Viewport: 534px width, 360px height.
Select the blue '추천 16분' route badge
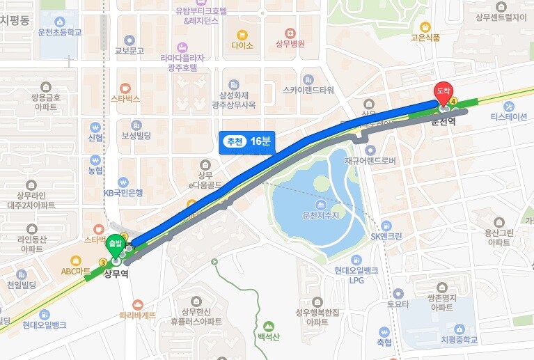point(247,141)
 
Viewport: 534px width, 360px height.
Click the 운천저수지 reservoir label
point(320,216)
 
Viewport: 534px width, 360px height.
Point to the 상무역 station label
point(118,274)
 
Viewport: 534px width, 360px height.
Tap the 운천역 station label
point(443,121)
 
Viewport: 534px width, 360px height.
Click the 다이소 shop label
point(242,45)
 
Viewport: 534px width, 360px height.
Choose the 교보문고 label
point(129,51)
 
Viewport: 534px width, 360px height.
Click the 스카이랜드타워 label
point(308,90)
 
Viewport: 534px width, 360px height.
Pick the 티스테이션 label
point(509,116)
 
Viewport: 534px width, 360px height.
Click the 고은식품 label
point(425,38)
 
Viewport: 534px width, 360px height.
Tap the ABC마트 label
point(76,271)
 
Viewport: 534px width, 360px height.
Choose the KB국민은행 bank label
point(123,192)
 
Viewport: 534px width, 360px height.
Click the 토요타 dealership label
point(398,304)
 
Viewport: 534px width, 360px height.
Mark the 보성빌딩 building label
point(136,135)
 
